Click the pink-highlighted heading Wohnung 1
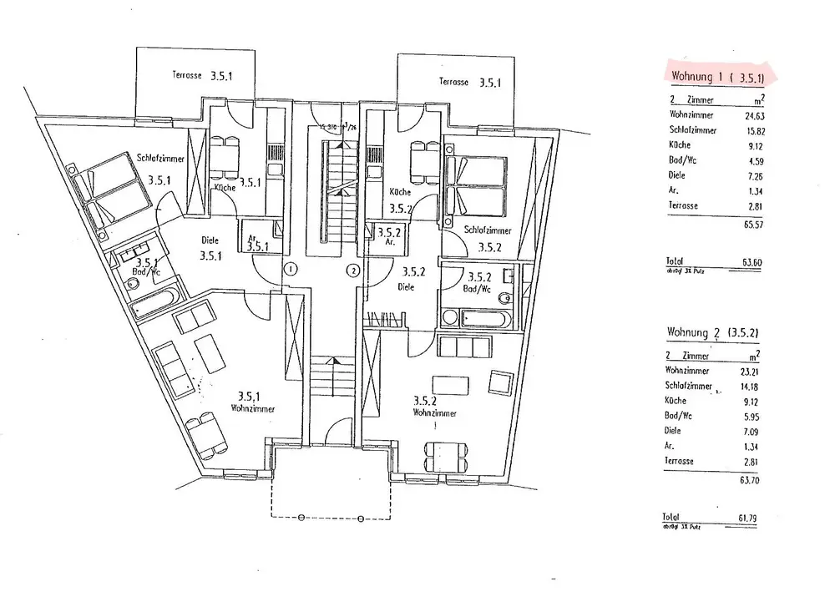pos(723,76)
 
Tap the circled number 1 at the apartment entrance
pos(290,270)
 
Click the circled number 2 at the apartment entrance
pos(354,270)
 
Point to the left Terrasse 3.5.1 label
pos(202,74)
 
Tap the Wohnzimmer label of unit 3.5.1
pos(255,408)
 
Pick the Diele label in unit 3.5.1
pos(210,240)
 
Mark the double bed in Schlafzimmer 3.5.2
pos(477,185)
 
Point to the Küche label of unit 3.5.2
pos(400,191)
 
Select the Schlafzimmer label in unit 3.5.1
pos(161,159)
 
